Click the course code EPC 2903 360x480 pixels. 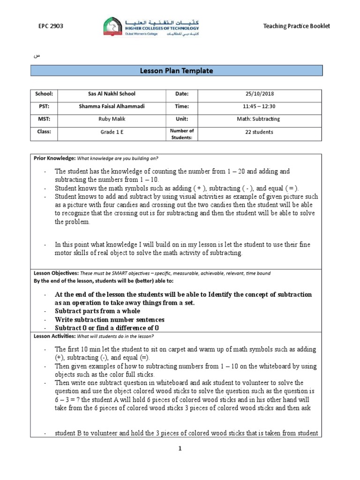pos(51,26)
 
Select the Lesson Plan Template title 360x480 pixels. pos(176,71)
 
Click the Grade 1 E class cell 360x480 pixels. pos(112,132)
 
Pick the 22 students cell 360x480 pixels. pos(259,132)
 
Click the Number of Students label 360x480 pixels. pos(182,134)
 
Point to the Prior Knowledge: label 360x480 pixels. pos(54,158)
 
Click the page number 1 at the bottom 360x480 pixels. pos(179,449)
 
